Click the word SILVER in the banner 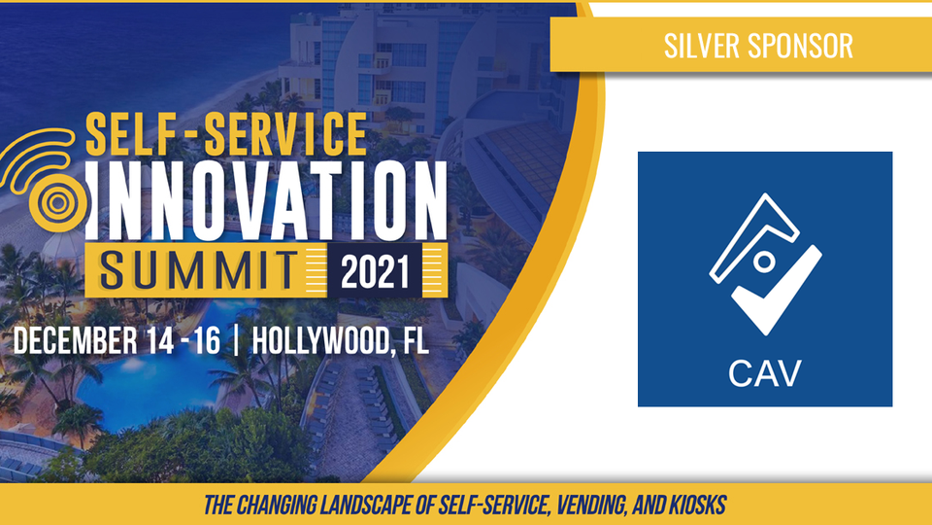[x=700, y=46]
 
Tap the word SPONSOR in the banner [x=800, y=46]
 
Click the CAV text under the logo [x=765, y=373]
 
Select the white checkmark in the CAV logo [x=778, y=291]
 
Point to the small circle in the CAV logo [x=764, y=262]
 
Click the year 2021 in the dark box [x=375, y=271]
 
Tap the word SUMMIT [x=198, y=270]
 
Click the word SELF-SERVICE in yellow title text [x=226, y=134]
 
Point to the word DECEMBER [x=76, y=341]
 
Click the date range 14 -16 [x=183, y=341]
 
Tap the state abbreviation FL [x=416, y=341]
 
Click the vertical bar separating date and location [x=237, y=341]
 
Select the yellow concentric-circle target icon [x=58, y=203]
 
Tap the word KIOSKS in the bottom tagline [x=698, y=506]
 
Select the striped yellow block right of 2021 [x=435, y=270]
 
